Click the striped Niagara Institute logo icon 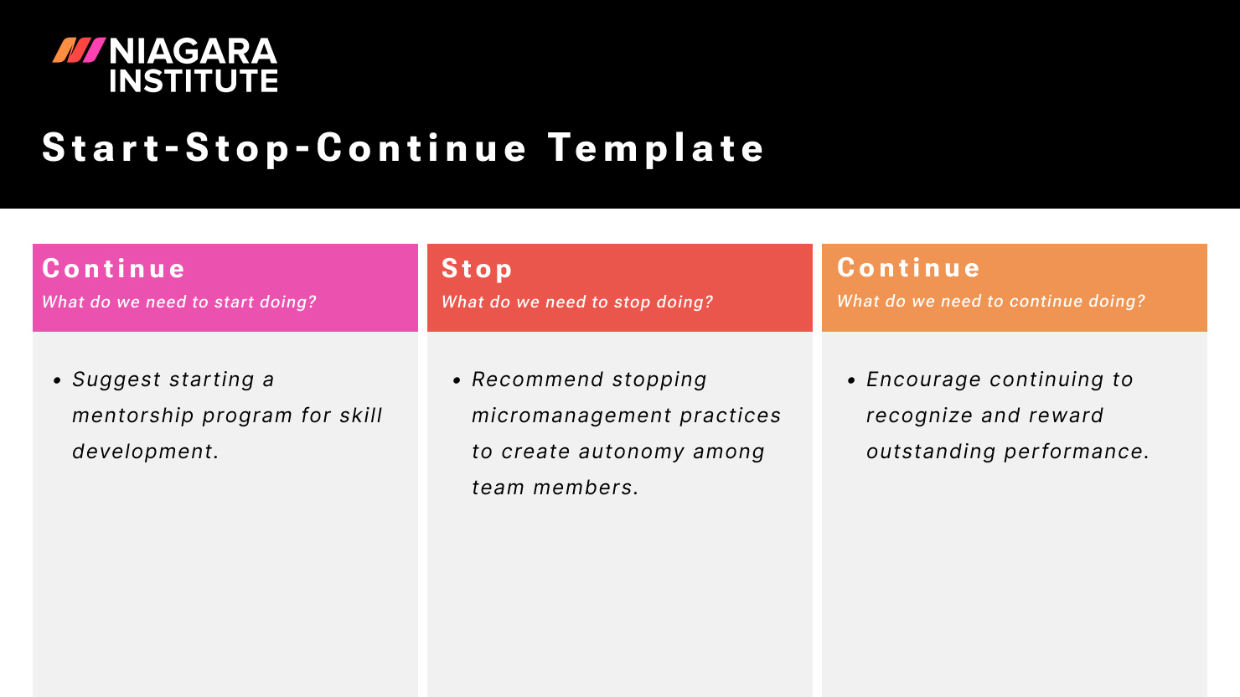[x=79, y=51]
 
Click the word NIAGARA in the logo [x=193, y=52]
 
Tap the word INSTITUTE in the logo [x=193, y=81]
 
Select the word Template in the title [x=656, y=148]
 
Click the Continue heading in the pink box [x=114, y=269]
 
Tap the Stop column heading [x=477, y=269]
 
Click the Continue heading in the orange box [x=909, y=268]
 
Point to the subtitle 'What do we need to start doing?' [x=179, y=302]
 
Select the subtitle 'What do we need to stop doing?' [x=577, y=302]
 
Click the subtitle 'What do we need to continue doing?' [x=991, y=302]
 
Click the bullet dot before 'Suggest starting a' [x=57, y=380]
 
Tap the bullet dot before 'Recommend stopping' [x=457, y=380]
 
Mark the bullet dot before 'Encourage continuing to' [x=851, y=380]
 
